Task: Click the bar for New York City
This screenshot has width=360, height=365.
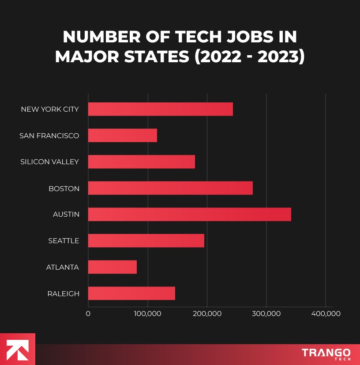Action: (160, 109)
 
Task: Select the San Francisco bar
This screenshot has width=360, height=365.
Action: (122, 135)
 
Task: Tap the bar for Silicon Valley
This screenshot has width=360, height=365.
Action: (141, 162)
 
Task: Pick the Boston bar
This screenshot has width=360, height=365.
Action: (170, 188)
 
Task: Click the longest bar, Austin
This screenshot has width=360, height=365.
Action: (189, 214)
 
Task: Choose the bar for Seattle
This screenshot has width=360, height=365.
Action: (146, 241)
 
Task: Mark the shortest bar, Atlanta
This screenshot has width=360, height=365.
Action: (112, 267)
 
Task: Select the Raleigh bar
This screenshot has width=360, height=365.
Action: (131, 294)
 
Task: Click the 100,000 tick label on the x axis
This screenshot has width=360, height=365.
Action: (147, 314)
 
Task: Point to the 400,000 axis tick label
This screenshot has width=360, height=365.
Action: (326, 314)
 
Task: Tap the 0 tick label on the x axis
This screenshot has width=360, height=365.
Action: (88, 314)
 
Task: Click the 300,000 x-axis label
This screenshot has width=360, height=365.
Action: (266, 314)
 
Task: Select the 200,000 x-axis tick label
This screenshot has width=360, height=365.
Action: (207, 314)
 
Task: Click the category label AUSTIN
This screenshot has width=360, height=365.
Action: (66, 214)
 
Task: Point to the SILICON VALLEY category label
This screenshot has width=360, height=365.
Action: (49, 162)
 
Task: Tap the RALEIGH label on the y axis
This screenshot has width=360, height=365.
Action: (63, 294)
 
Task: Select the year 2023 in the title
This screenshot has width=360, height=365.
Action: (278, 58)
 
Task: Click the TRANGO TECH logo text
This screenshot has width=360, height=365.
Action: (326, 354)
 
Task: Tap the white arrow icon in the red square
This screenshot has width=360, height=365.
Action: (18, 349)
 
